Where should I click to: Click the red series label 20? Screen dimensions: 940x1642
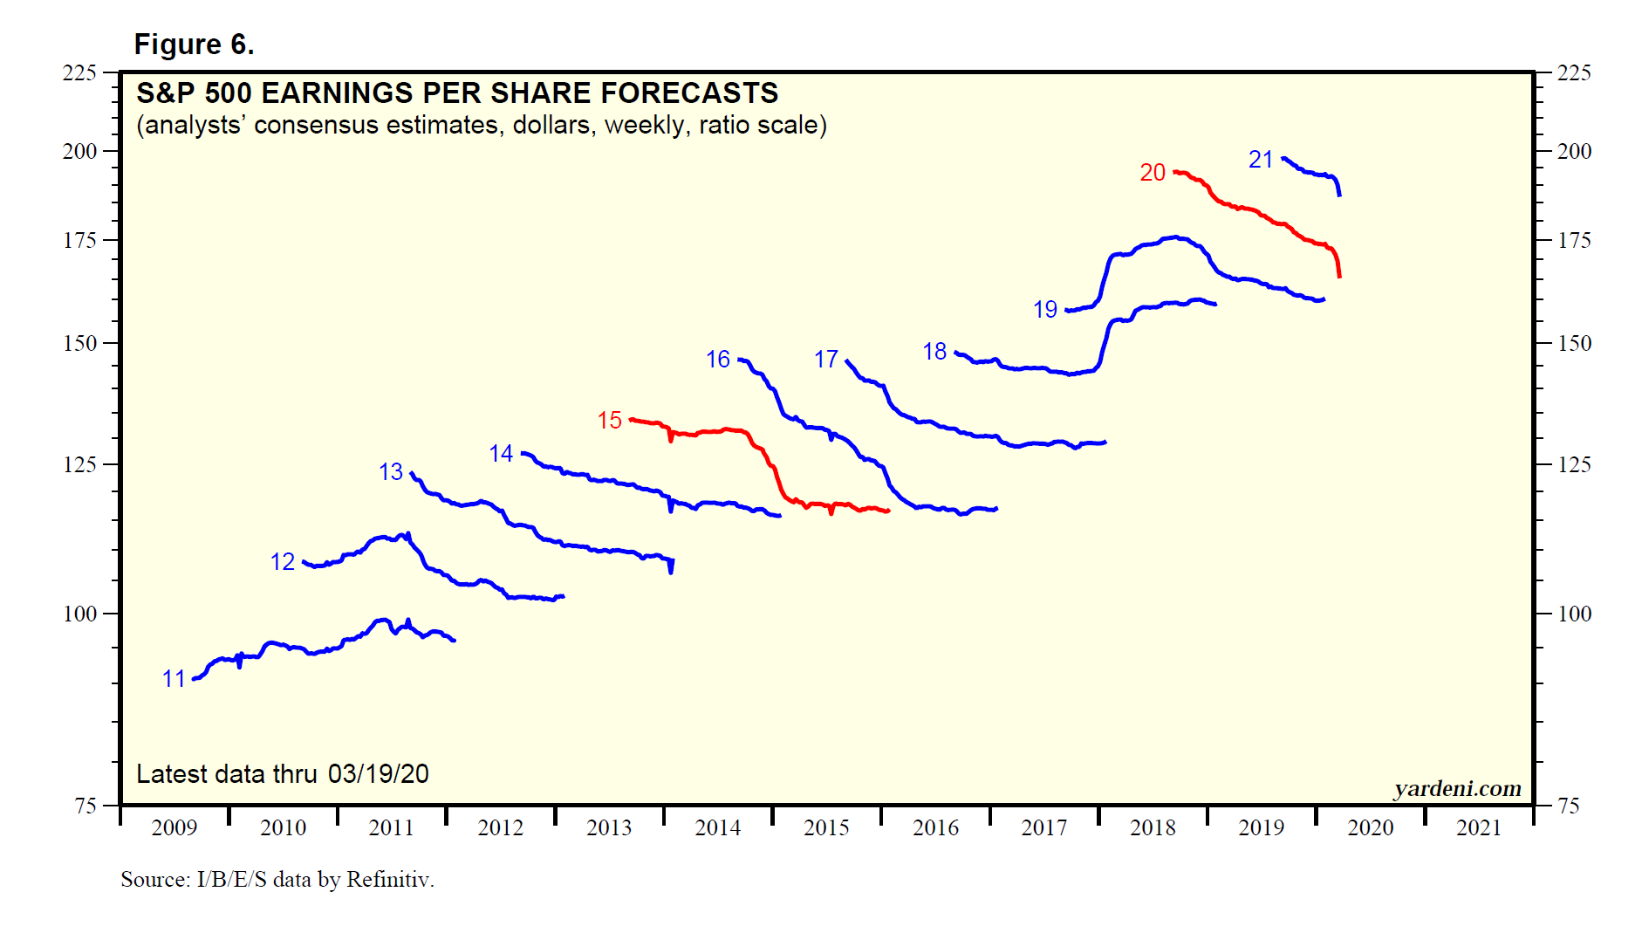point(1152,173)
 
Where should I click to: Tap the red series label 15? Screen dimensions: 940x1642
point(609,421)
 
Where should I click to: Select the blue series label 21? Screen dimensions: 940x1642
point(1260,160)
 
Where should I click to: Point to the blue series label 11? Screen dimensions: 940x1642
point(174,679)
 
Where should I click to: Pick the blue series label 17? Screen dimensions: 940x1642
point(825,360)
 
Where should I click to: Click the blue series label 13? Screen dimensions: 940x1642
point(390,472)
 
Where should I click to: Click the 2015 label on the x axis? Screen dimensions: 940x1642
point(825,827)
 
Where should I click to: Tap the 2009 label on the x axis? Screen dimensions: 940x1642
point(174,827)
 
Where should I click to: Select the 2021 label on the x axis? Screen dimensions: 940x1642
point(1478,827)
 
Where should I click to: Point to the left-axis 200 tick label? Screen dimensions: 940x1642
point(79,151)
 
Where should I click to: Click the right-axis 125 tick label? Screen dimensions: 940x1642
point(1574,464)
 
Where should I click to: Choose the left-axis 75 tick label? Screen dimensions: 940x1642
point(86,806)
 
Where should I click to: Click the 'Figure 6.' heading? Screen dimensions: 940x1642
point(194,45)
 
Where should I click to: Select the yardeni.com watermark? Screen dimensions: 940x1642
point(1457,789)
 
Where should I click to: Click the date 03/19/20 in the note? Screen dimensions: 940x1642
point(378,774)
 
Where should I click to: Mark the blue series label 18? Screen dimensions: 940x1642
point(934,352)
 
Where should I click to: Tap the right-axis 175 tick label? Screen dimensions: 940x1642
point(1574,240)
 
